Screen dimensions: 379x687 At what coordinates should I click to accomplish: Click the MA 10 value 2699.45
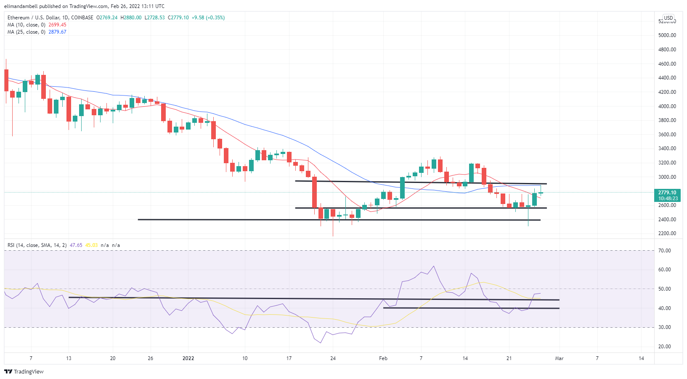(57, 25)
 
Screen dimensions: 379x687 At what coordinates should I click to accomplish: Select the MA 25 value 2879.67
(57, 32)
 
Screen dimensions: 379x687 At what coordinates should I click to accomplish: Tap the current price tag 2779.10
(667, 193)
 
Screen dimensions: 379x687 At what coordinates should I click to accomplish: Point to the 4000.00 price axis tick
(667, 106)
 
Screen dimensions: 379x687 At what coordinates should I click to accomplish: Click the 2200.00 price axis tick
(667, 233)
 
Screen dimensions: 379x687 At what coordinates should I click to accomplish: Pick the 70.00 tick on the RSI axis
(665, 251)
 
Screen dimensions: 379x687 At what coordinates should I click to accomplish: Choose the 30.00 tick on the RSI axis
(665, 327)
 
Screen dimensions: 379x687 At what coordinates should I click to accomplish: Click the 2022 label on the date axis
(188, 358)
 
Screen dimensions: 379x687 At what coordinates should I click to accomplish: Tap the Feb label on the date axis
(383, 358)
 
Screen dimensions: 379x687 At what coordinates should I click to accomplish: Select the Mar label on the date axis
(559, 358)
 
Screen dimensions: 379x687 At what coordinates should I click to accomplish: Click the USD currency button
(668, 18)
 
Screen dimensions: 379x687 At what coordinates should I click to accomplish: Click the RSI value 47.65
(76, 245)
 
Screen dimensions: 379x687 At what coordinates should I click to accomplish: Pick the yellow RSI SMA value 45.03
(91, 245)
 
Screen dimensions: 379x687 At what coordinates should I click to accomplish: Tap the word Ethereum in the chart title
(19, 18)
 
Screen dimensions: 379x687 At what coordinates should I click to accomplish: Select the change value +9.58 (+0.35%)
(208, 18)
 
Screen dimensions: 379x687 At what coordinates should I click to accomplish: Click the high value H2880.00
(131, 18)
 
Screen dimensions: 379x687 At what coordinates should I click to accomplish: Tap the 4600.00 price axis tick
(667, 64)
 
